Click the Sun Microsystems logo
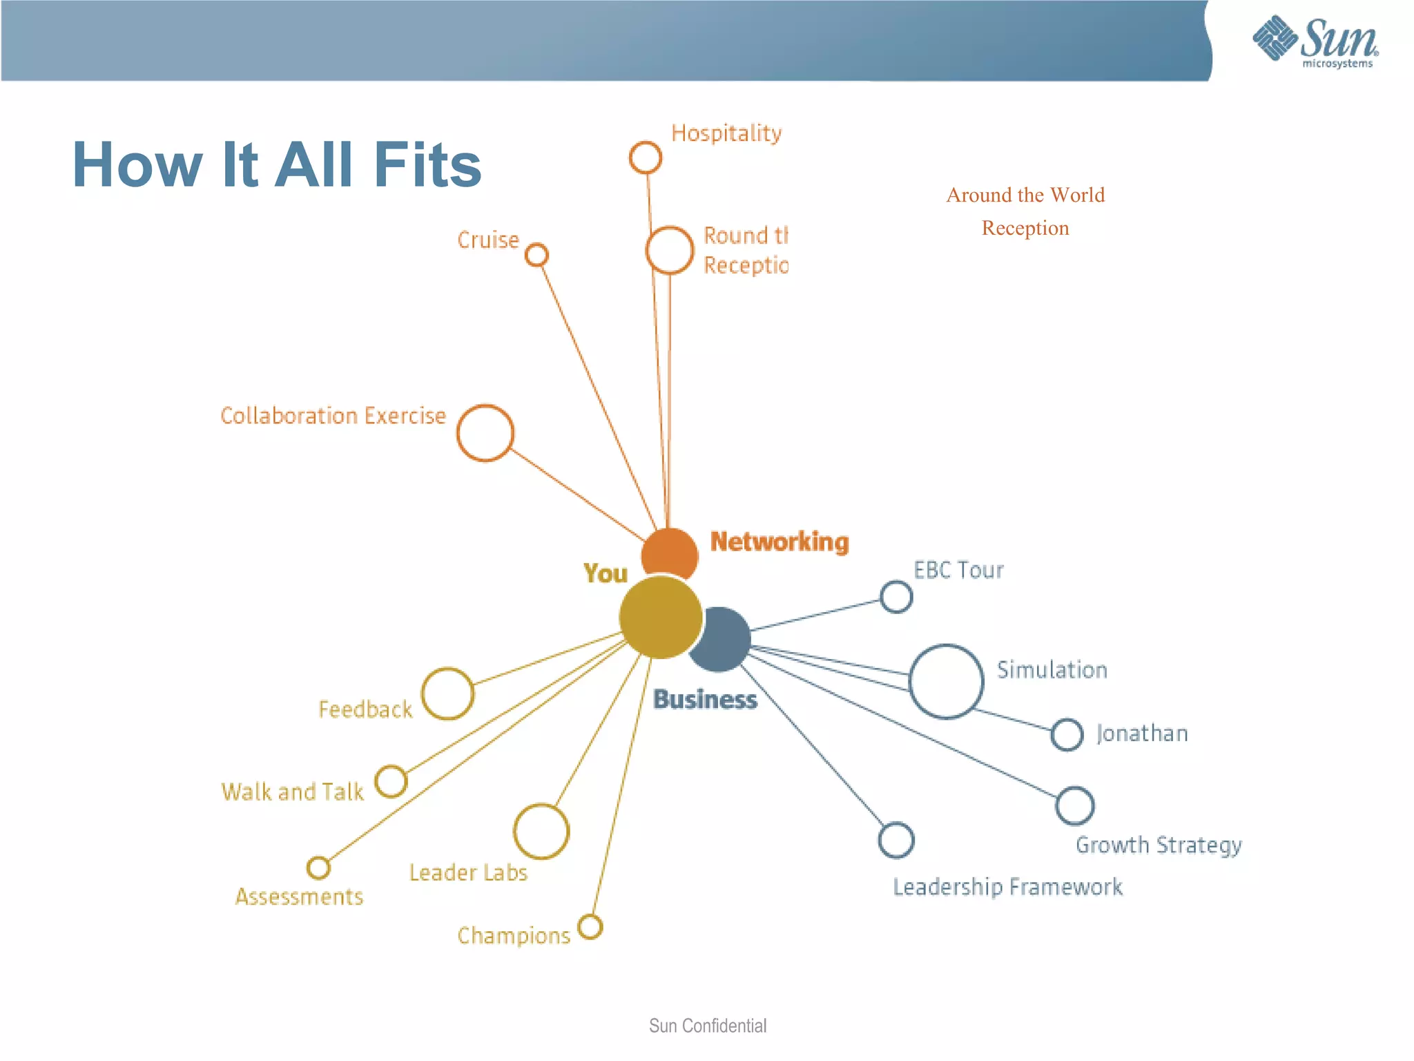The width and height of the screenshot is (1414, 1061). [x=1315, y=41]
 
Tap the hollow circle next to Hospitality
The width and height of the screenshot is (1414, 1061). [x=645, y=157]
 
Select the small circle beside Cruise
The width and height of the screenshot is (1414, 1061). [x=536, y=255]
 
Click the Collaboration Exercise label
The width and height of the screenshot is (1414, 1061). [x=333, y=416]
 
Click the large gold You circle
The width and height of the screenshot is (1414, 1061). [x=660, y=617]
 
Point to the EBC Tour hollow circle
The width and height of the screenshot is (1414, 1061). [x=896, y=597]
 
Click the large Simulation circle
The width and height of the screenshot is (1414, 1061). [x=946, y=682]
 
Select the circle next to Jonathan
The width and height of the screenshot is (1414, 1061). [x=1067, y=734]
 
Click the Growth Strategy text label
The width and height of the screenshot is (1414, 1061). [x=1159, y=845]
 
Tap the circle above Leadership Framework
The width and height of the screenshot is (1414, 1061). [x=896, y=841]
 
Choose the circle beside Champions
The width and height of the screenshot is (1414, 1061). [x=590, y=927]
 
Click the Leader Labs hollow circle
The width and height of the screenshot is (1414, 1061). [x=541, y=831]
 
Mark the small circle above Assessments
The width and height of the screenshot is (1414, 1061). [x=318, y=868]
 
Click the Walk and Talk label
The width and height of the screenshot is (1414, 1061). [x=292, y=792]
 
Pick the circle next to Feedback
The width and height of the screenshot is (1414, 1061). [x=447, y=694]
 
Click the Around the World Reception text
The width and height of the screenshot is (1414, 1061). [x=1025, y=211]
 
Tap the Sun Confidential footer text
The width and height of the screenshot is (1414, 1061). [x=707, y=1026]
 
